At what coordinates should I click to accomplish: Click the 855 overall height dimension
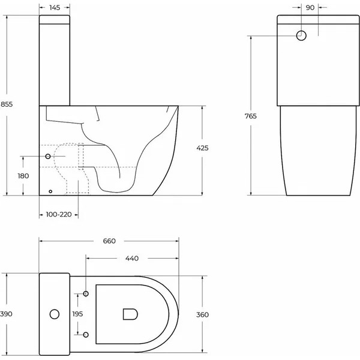point(7,104)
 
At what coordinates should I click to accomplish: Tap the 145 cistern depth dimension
point(55,8)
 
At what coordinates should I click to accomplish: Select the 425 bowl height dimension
point(202,148)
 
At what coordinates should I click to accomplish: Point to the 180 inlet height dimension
point(23,176)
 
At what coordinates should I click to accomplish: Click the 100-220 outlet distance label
point(59,214)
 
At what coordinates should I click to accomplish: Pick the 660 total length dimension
point(109,241)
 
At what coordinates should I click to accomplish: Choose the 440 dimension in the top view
point(132,258)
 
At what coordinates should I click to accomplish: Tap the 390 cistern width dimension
point(6,314)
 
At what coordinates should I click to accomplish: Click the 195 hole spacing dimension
point(77,314)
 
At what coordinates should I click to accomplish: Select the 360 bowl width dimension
point(202,314)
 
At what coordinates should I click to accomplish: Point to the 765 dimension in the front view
point(250,116)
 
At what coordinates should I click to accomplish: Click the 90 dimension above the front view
point(310,8)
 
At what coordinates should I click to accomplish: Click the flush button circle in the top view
point(55,314)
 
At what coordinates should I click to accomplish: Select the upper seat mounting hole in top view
point(86,293)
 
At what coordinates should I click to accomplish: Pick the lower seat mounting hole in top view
point(86,335)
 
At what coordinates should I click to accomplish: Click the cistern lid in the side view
point(55,20)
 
